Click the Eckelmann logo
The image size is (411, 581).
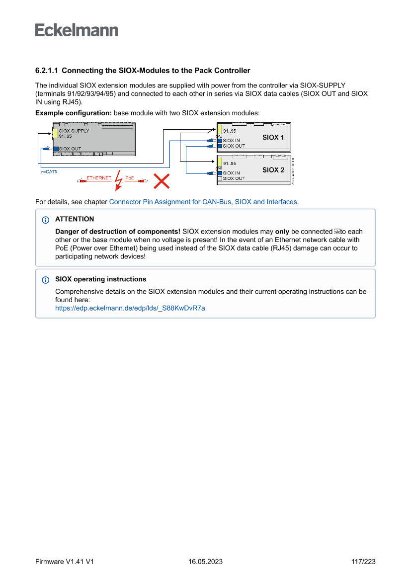click(x=77, y=30)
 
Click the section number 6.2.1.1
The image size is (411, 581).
click(x=47, y=71)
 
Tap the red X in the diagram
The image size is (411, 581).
click(x=161, y=181)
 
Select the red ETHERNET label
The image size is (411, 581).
click(x=99, y=178)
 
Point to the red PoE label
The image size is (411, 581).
click(x=130, y=178)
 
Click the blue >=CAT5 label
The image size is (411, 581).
click(x=49, y=171)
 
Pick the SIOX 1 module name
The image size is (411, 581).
click(x=273, y=137)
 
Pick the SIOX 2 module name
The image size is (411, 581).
click(x=273, y=169)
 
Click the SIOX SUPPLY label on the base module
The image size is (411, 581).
click(x=74, y=131)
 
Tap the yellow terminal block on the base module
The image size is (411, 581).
click(x=56, y=134)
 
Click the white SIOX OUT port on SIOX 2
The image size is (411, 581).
click(x=219, y=178)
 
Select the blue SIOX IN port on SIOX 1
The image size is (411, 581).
click(x=219, y=141)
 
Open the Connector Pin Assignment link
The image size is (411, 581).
click(x=203, y=202)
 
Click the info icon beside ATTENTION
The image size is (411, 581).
click(x=46, y=220)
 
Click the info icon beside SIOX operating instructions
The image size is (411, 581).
click(x=46, y=280)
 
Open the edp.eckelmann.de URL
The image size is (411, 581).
click(x=130, y=308)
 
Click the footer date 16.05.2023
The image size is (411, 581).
click(x=205, y=562)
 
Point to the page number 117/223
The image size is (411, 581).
click(x=363, y=562)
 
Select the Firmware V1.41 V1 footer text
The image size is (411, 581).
click(x=65, y=562)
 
